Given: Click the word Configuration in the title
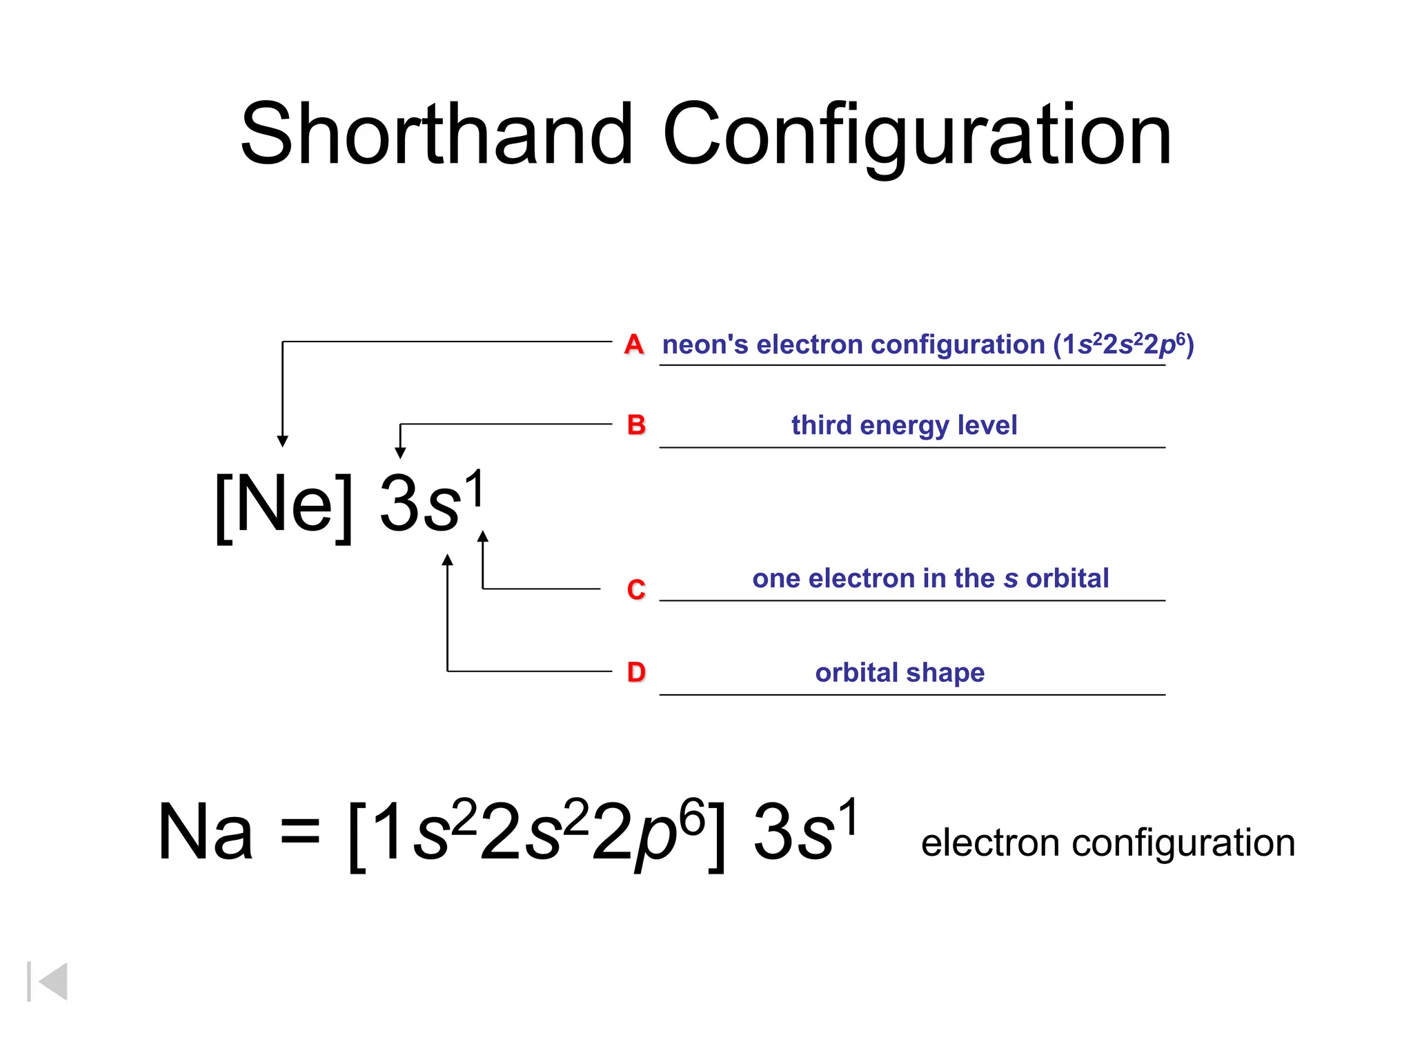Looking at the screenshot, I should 917,135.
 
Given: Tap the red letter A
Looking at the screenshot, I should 633,344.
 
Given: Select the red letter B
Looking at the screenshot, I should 636,425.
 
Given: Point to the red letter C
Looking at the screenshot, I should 636,590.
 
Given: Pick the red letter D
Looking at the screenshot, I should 636,672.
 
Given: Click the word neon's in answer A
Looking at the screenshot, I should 704,345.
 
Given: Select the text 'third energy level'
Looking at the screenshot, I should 904,426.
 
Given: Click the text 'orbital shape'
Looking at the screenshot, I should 900,673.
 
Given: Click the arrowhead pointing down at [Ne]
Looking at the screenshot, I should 282,442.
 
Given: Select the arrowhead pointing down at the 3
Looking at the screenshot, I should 400,453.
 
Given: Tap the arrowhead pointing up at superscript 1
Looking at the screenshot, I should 483,536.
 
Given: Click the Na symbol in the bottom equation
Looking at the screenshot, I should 205,833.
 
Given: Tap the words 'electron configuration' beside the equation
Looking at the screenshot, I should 1107,843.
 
